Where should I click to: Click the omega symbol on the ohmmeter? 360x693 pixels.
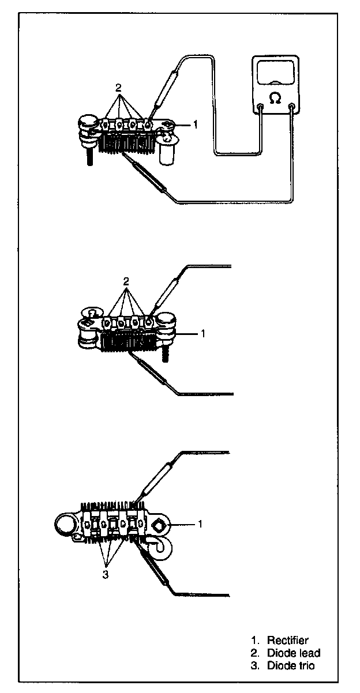(276, 100)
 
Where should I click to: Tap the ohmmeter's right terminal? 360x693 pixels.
(292, 107)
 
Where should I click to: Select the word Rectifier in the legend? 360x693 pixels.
(287, 640)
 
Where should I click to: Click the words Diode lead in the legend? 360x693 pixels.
(293, 653)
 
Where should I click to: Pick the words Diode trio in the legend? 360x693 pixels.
(291, 666)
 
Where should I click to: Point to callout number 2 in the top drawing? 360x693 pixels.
(118, 88)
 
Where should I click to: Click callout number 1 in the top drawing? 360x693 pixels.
(196, 124)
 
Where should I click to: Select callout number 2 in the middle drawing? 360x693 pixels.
(126, 281)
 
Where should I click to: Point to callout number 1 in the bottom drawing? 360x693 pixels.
(200, 524)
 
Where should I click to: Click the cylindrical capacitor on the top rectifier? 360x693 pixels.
(167, 152)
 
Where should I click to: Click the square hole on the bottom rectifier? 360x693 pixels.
(160, 525)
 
